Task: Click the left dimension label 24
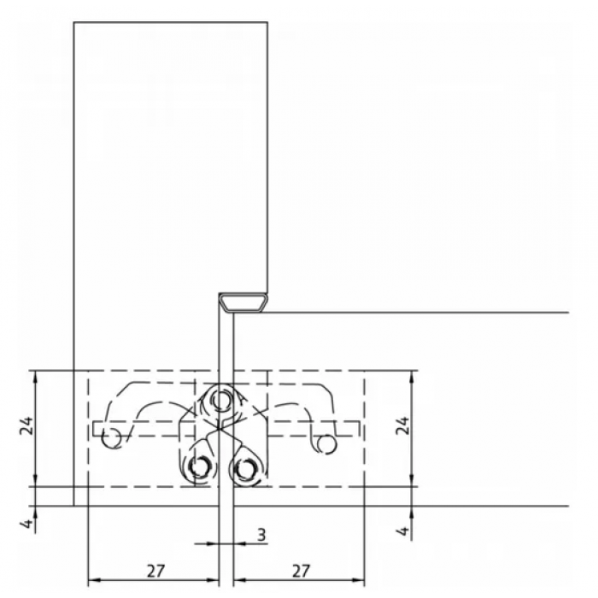tap(27, 426)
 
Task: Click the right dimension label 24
tap(402, 425)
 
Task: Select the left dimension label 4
tap(26, 523)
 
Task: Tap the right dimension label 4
tap(402, 531)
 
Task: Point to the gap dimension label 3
tap(261, 535)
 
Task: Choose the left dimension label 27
tap(155, 571)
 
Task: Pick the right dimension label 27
tap(301, 571)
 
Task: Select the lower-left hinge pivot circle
tap(198, 466)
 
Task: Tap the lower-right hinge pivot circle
tap(244, 466)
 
